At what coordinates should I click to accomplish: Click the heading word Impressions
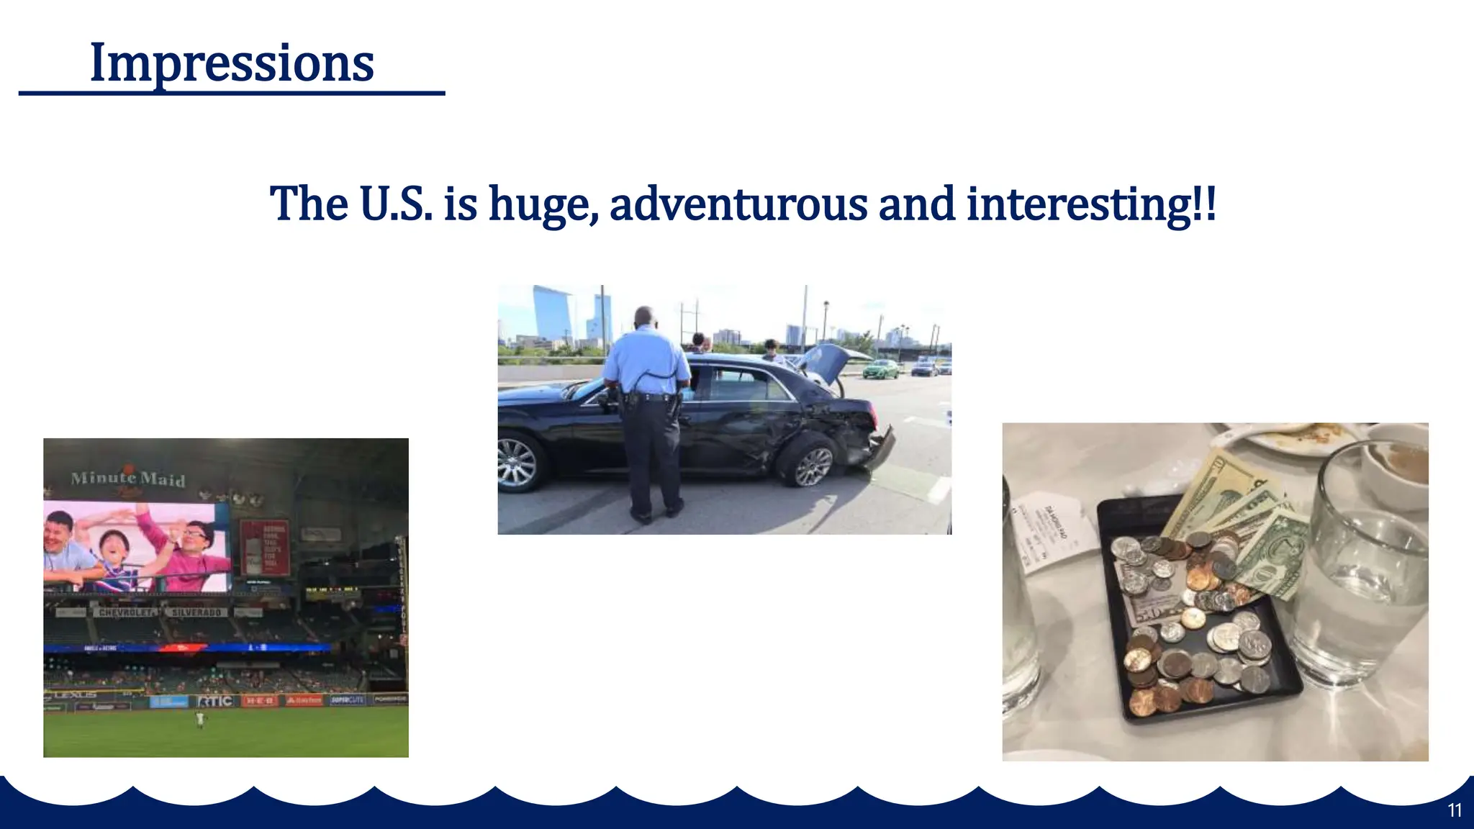click(x=231, y=63)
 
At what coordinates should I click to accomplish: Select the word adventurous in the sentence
click(x=738, y=204)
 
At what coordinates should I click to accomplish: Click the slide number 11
click(x=1455, y=810)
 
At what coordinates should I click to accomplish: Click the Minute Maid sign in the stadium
click(x=128, y=479)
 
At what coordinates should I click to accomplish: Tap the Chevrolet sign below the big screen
click(x=127, y=612)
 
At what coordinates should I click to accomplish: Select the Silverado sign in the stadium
click(x=196, y=612)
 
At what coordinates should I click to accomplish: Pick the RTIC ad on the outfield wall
click(x=215, y=701)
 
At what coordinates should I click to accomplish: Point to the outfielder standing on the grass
click(x=199, y=719)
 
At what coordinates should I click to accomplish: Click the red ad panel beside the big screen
click(x=264, y=548)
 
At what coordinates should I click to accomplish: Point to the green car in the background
click(x=881, y=370)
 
